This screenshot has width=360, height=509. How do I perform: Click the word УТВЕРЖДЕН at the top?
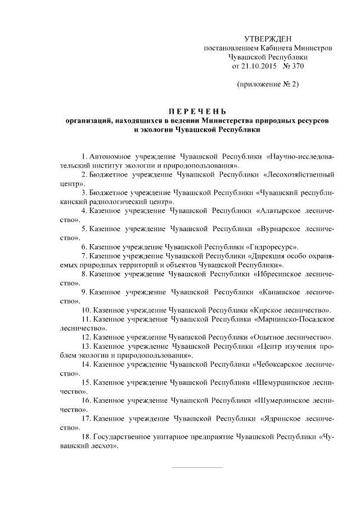(x=268, y=39)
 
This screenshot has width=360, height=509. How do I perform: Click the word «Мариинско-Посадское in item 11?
(x=294, y=319)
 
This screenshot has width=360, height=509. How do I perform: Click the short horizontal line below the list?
(x=196, y=468)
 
